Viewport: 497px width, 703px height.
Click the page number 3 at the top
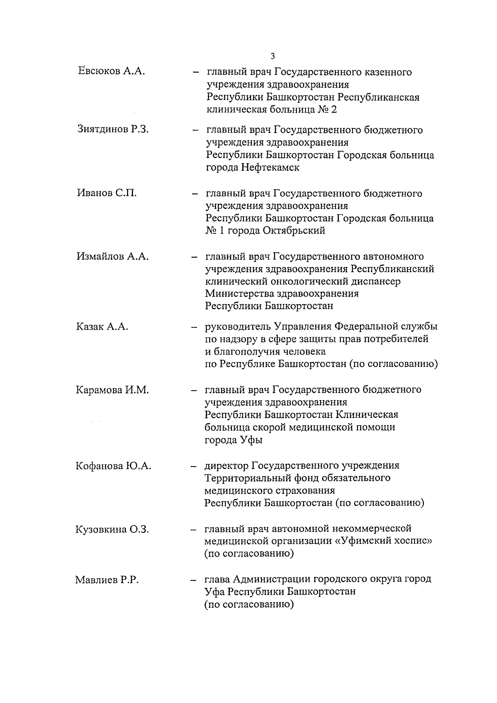coord(272,56)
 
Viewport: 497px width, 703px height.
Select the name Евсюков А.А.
coord(111,71)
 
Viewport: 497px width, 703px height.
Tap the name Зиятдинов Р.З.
coord(113,129)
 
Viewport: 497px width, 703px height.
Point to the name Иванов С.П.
coord(106,193)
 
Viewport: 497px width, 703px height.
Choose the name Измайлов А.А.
coord(112,256)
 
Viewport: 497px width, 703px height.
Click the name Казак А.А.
coord(102,327)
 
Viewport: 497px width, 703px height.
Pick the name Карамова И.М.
coord(112,390)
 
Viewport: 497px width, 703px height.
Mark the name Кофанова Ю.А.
coord(113,466)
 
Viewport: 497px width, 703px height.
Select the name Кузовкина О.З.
coord(112,529)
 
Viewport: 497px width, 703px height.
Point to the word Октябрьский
coord(294,231)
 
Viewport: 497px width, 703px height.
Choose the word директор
coord(226,466)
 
